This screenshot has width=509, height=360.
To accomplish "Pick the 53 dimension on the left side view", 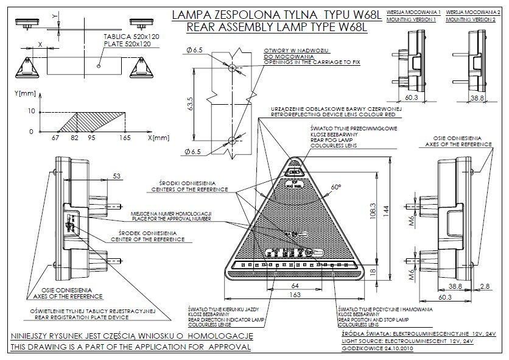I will [x=116, y=176].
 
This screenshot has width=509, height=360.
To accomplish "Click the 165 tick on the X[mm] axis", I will [x=125, y=139].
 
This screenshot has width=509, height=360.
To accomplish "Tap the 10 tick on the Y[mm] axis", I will [x=32, y=111].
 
